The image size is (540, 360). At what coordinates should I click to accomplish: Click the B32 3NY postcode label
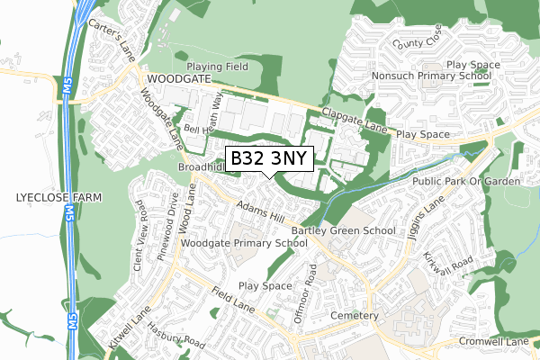tap(268, 159)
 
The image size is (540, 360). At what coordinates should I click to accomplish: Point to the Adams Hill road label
tap(260, 213)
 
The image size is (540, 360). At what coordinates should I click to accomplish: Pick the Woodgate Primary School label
tap(243, 243)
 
